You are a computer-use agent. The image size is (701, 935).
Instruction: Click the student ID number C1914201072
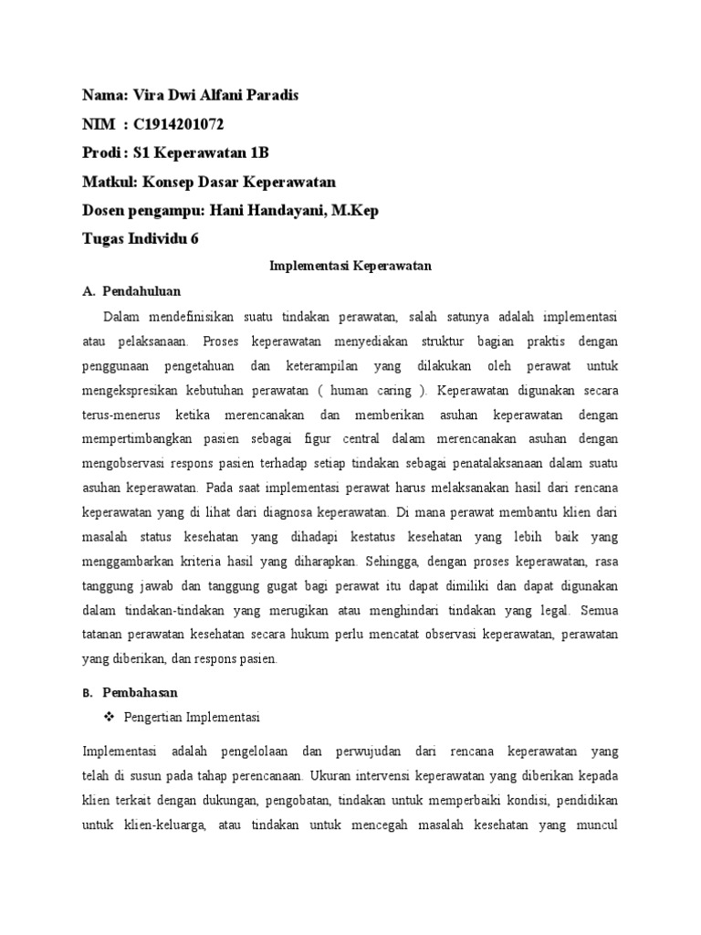pos(173,123)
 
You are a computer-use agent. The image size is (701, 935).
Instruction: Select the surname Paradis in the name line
pos(271,95)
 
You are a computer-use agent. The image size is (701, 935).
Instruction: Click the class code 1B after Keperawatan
pos(258,152)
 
